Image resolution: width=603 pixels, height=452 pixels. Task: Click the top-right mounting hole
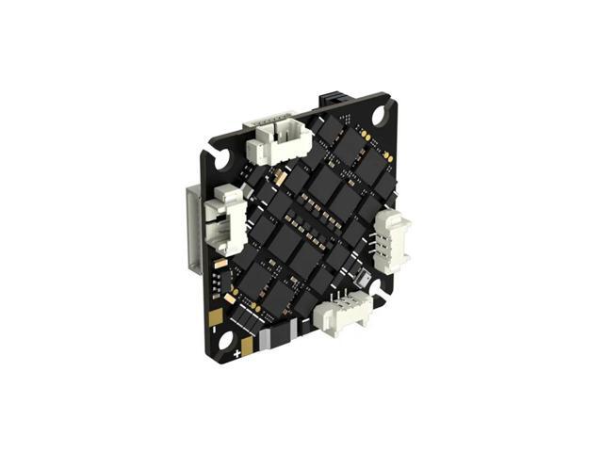pyautogui.click(x=379, y=114)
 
